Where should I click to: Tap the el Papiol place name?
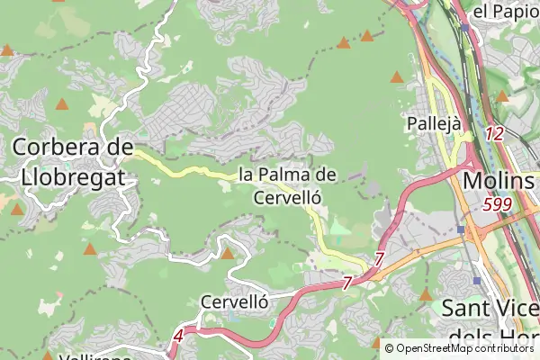coord(504,12)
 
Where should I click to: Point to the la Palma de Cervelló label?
coord(288,184)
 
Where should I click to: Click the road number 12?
coord(493,133)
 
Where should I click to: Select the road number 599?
coord(496,205)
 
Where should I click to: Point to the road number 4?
coord(178,337)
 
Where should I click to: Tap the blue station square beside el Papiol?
coord(464,28)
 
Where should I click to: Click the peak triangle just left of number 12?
coord(502,96)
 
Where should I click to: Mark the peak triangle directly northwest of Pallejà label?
coord(397,78)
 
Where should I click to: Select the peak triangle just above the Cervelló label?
coord(228,254)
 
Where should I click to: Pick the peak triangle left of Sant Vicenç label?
coord(427,294)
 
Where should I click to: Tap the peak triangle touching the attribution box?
coord(377,342)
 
